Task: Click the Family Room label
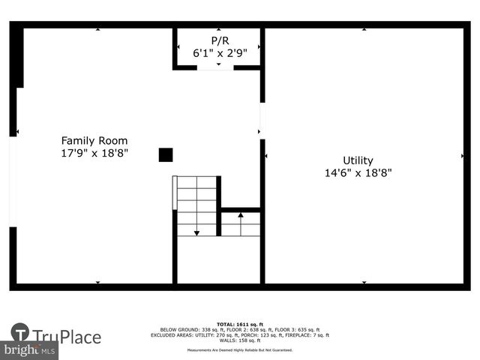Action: pyautogui.click(x=94, y=140)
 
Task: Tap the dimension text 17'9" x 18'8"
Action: pyautogui.click(x=94, y=153)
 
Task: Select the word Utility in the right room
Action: pyautogui.click(x=358, y=160)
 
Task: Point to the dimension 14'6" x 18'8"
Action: pyautogui.click(x=358, y=172)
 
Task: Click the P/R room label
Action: pyautogui.click(x=219, y=40)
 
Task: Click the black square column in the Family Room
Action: pyautogui.click(x=166, y=154)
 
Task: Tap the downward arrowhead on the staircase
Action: pyautogui.click(x=196, y=233)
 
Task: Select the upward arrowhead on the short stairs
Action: pyautogui.click(x=241, y=215)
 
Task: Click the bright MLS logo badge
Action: pyautogui.click(x=30, y=350)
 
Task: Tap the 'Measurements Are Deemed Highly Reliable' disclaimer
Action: pyautogui.click(x=240, y=350)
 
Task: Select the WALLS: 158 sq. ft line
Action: pyautogui.click(x=240, y=341)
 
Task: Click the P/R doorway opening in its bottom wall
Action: pyautogui.click(x=215, y=67)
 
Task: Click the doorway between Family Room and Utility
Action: pyautogui.click(x=262, y=120)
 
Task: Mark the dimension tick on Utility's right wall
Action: pyautogui.click(x=462, y=156)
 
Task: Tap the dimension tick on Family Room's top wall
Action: pyautogui.click(x=97, y=29)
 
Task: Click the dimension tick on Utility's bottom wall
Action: pyautogui.click(x=364, y=283)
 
